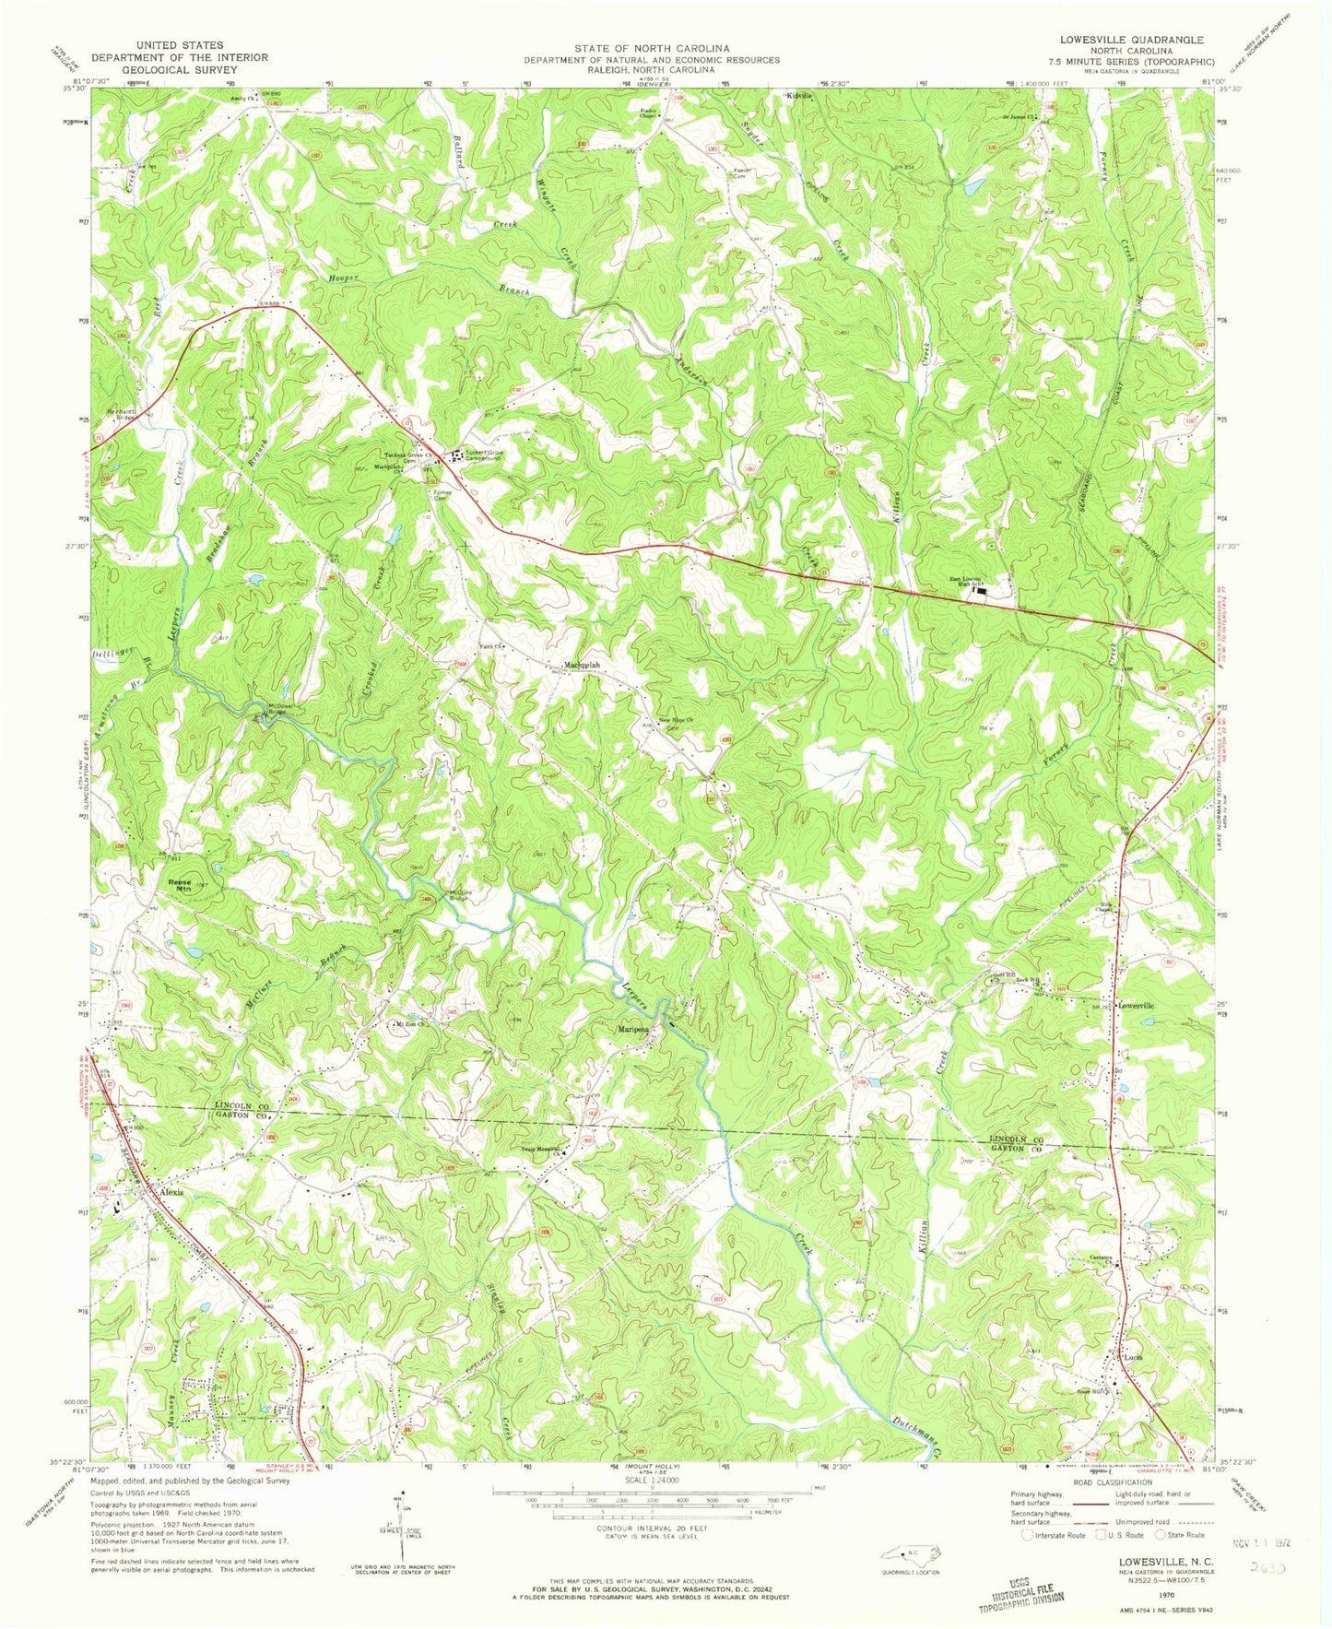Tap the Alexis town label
[x=171, y=1192]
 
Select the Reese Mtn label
[x=179, y=885]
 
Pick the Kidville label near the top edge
[x=798, y=96]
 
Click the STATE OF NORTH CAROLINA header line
[x=651, y=48]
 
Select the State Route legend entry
[x=1185, y=1535]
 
